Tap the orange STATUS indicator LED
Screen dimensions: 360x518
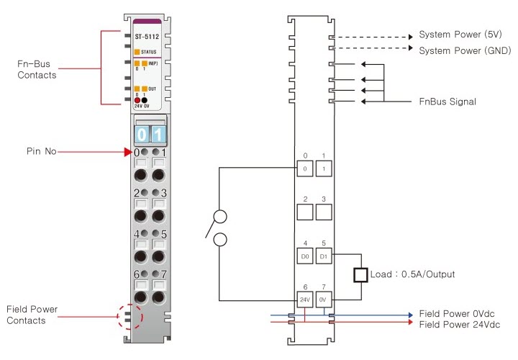coord(137,52)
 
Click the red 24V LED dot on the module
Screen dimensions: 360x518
coord(137,100)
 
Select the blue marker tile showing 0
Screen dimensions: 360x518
coord(142,134)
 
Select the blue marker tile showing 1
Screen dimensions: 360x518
coord(158,134)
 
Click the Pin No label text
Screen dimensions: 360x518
coord(41,152)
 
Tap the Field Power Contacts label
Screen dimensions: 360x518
coord(32,315)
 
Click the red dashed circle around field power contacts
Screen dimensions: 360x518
coord(130,315)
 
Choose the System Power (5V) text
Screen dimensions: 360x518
coord(461,35)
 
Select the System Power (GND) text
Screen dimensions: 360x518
coord(464,50)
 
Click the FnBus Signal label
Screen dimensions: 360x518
coord(447,102)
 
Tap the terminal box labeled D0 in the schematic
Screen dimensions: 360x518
coord(305,256)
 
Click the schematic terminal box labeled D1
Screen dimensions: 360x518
coord(324,256)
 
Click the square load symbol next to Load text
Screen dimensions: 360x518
coord(360,274)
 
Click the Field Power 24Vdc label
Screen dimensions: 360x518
coord(458,325)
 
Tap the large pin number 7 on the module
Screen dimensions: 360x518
coord(164,274)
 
